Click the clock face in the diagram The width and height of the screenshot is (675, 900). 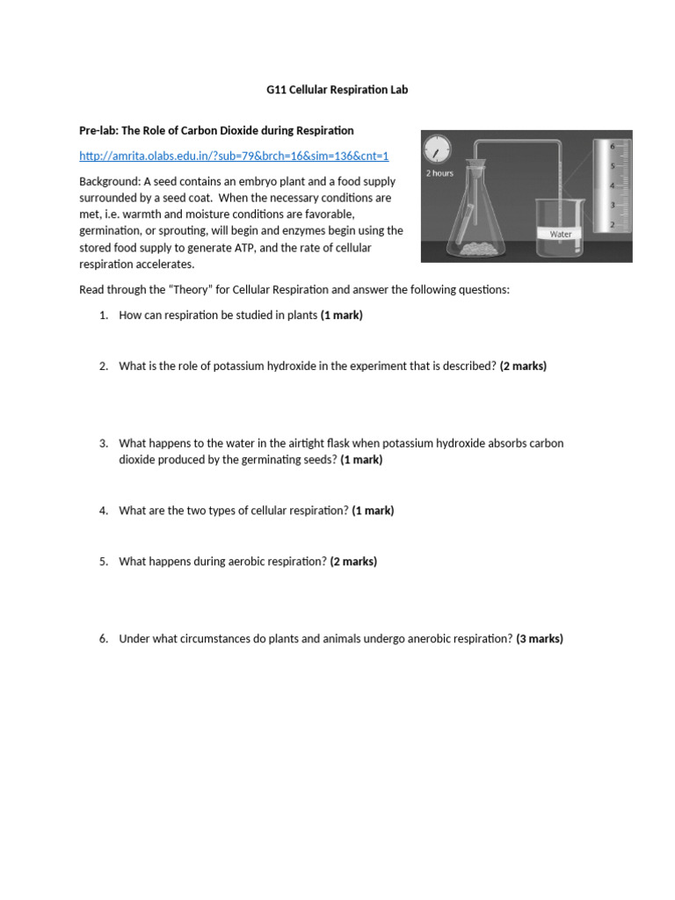(437, 150)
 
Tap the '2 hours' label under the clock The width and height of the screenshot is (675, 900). (439, 173)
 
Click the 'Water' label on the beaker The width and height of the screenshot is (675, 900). (560, 235)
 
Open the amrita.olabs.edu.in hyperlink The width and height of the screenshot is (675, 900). (234, 156)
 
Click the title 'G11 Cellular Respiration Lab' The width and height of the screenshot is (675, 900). (337, 90)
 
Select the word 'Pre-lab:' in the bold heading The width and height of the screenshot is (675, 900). (98, 130)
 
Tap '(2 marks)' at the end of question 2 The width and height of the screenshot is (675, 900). (523, 367)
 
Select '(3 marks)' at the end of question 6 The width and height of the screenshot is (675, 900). (540, 639)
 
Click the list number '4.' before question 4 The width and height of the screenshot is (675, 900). (103, 511)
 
